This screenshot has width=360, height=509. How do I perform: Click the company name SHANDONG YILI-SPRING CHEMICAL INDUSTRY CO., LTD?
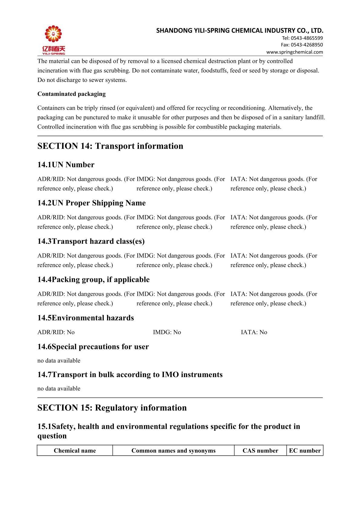tap(240, 31)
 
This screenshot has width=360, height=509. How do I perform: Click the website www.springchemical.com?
tap(294, 52)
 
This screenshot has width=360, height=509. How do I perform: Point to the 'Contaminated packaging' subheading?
tap(71, 94)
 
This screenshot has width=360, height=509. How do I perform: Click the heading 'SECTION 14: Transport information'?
tap(110, 146)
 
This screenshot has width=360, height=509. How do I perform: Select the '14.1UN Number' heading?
tap(66, 165)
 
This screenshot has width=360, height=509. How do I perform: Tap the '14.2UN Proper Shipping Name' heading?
tap(91, 203)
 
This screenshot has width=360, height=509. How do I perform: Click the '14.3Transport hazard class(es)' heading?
tap(91, 241)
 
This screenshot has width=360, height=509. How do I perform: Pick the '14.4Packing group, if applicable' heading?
tap(93, 280)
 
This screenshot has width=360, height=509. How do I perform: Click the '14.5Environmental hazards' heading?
tap(85, 318)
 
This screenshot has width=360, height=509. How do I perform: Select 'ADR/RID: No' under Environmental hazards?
tap(56, 332)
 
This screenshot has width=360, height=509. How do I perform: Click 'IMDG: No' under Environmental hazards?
tap(167, 332)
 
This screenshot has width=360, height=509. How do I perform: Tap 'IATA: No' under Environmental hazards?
tap(254, 332)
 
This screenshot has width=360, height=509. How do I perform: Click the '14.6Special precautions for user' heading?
tap(93, 347)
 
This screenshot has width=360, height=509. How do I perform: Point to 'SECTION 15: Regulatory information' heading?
tap(112, 408)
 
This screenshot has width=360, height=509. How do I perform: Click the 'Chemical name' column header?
tap(75, 451)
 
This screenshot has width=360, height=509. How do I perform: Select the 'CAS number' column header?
tap(260, 451)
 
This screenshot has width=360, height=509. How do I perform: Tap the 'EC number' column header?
tap(305, 451)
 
